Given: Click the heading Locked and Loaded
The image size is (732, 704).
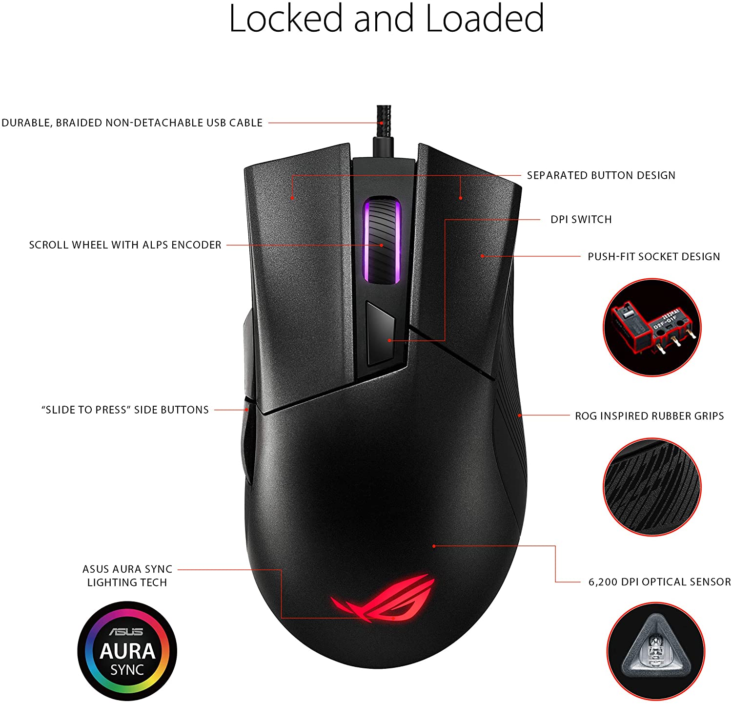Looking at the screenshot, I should (386, 19).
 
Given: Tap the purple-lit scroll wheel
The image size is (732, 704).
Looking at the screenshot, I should (383, 239).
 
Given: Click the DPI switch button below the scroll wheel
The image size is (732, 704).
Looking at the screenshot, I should (380, 333).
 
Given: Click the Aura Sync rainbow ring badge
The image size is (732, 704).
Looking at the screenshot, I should (127, 650).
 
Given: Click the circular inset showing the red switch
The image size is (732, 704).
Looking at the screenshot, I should (652, 327).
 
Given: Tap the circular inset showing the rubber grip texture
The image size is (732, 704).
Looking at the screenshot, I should (652, 486).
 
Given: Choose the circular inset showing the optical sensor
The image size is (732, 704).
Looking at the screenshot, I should (655, 651).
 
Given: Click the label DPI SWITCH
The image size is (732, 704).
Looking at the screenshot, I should (581, 220).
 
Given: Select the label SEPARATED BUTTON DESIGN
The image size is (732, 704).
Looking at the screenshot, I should (601, 175).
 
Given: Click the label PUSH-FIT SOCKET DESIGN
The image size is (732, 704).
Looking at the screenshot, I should (653, 257).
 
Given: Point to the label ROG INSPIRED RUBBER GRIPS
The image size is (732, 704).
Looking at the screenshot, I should (649, 416).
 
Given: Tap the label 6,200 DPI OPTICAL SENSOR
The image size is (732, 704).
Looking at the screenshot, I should (659, 582).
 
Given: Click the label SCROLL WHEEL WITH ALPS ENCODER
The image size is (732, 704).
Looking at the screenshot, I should (125, 245).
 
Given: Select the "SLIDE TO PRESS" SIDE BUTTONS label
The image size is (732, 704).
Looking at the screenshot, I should (125, 410).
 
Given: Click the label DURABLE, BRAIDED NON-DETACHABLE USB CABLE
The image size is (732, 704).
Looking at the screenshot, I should (132, 123).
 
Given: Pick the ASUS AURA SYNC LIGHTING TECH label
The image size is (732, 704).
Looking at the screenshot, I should (127, 576).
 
